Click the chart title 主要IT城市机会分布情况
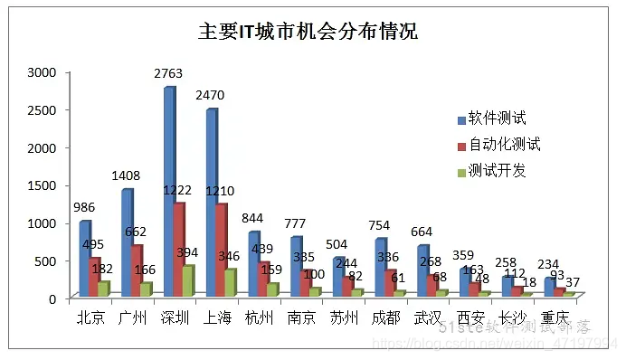[308, 33]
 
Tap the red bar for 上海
[220, 249]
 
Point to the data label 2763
[168, 76]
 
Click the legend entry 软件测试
[498, 118]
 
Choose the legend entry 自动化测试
[504, 145]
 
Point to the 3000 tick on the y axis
[42, 71]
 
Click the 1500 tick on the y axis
[42, 185]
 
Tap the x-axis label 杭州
[261, 318]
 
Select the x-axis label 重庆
[551, 318]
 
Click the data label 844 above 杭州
[254, 217]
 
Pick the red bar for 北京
[93, 277]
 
